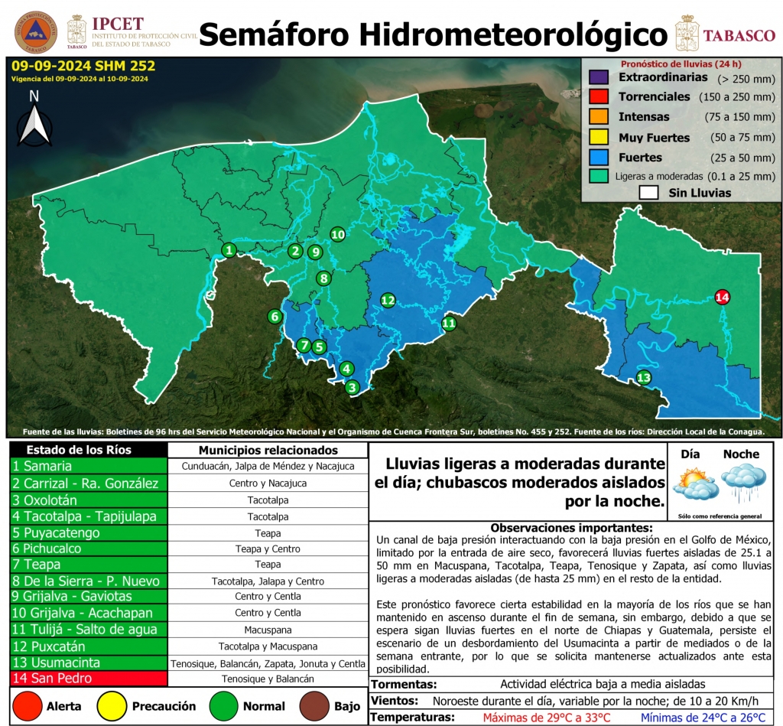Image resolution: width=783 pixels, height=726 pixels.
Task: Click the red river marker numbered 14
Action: [x=721, y=297]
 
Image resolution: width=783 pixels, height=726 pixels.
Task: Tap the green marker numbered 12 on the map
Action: [x=388, y=300]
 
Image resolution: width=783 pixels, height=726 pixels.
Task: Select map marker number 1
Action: [x=229, y=249]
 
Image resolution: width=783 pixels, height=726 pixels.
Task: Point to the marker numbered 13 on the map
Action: [x=644, y=377]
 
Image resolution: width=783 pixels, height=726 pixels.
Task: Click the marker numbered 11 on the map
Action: [x=449, y=324]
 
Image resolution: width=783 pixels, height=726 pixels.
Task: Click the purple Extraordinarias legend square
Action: [x=598, y=77]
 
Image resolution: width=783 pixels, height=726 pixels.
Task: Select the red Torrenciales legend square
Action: [x=598, y=97]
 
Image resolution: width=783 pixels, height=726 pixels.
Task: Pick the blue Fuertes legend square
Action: [x=598, y=157]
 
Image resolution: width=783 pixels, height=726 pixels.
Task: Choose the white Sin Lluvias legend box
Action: [x=648, y=193]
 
